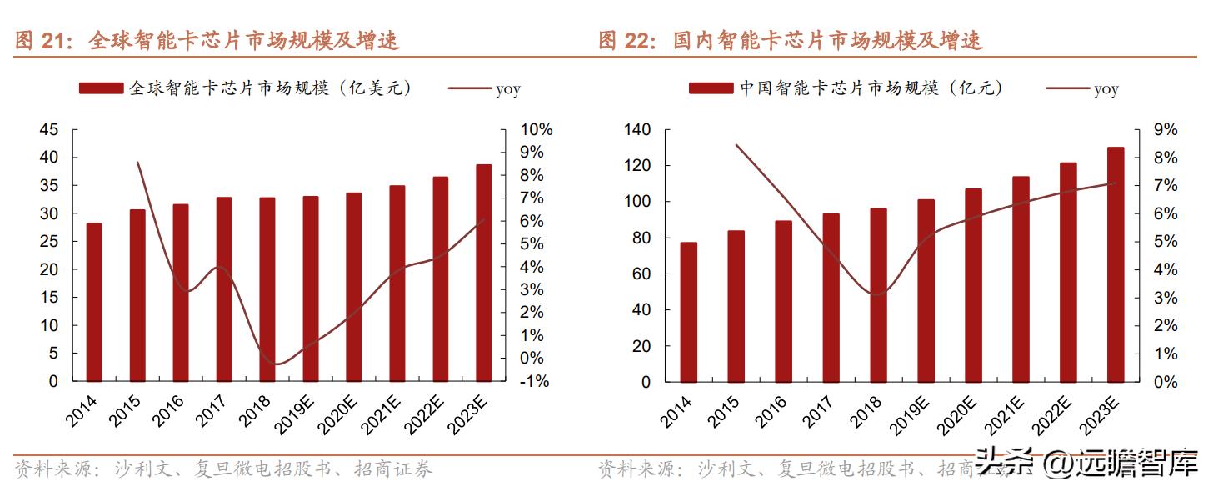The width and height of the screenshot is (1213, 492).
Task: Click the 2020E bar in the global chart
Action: click(354, 287)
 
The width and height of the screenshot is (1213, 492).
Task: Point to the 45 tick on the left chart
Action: click(49, 130)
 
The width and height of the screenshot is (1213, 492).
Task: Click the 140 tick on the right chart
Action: click(636, 130)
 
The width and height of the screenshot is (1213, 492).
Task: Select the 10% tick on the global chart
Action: click(536, 130)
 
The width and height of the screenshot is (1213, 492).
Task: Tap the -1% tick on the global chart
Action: click(536, 381)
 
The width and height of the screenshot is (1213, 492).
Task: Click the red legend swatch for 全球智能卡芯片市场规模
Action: click(101, 88)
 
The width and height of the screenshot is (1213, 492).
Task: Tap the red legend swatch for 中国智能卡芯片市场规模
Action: click(711, 88)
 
